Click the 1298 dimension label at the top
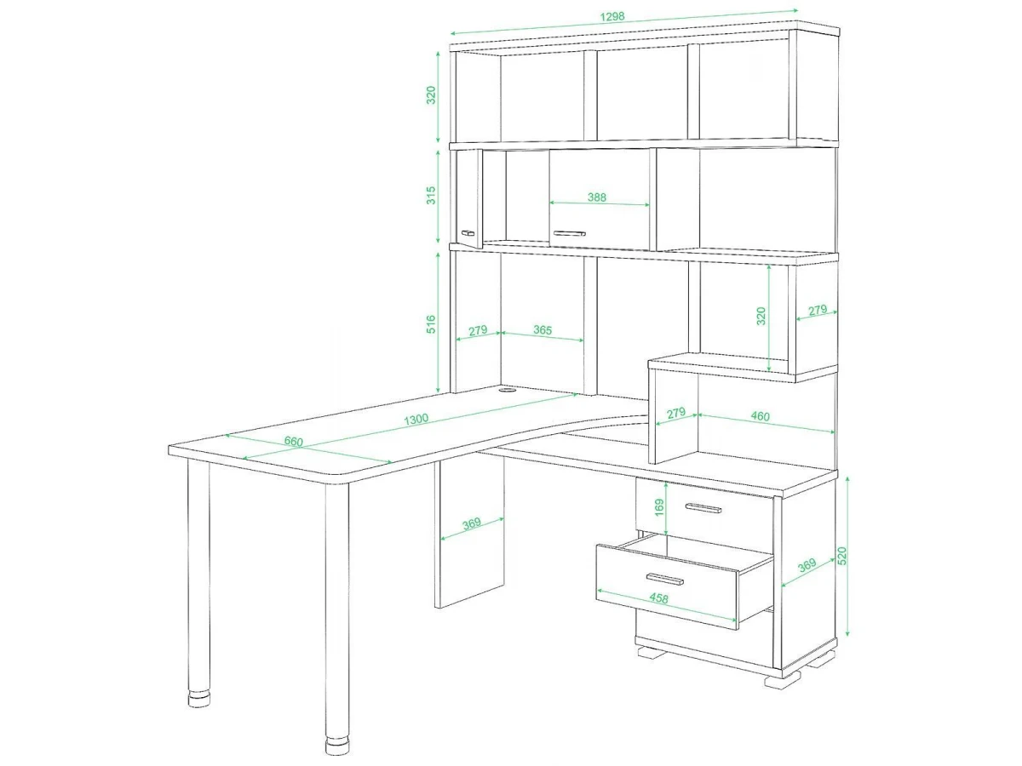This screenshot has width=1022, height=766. [x=611, y=17]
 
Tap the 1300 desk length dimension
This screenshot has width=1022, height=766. [x=416, y=420]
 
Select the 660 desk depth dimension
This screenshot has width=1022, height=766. [x=293, y=441]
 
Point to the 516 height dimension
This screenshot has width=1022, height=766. [x=431, y=323]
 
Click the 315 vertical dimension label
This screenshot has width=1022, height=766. [x=431, y=196]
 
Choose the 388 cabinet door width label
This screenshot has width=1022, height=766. [x=597, y=197]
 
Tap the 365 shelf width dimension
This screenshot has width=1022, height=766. [x=543, y=329]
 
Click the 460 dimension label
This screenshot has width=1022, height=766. [x=760, y=416]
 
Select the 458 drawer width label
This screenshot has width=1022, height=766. [x=658, y=598]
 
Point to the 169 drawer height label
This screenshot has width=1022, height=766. [x=659, y=507]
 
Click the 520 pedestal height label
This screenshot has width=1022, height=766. [x=841, y=556]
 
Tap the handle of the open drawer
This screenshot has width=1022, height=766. [x=665, y=579]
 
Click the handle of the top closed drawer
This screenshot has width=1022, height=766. [x=703, y=508]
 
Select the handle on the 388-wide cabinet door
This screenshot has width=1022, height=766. [x=570, y=233]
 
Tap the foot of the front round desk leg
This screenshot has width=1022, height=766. [x=337, y=745]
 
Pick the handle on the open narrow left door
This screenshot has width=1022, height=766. [x=468, y=232]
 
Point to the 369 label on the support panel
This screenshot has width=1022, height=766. [x=472, y=523]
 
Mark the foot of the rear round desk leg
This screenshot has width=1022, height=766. [x=199, y=700]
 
